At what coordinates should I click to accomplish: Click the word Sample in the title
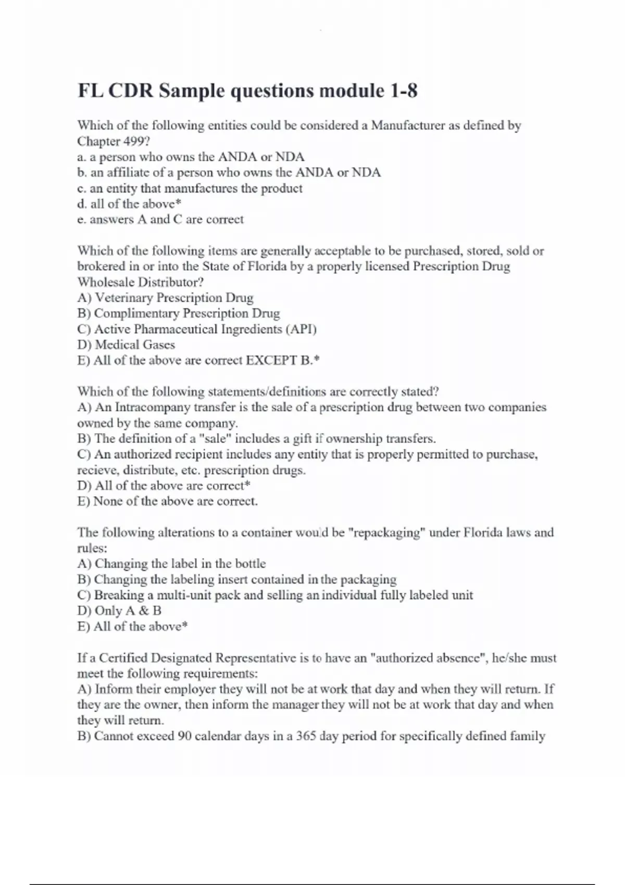(x=192, y=91)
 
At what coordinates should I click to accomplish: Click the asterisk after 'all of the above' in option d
(x=178, y=204)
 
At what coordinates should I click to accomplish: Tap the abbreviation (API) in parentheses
(x=301, y=329)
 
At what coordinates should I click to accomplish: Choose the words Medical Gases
(x=135, y=345)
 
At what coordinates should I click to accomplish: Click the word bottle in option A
(x=250, y=564)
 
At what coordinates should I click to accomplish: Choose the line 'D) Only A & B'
(x=119, y=611)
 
